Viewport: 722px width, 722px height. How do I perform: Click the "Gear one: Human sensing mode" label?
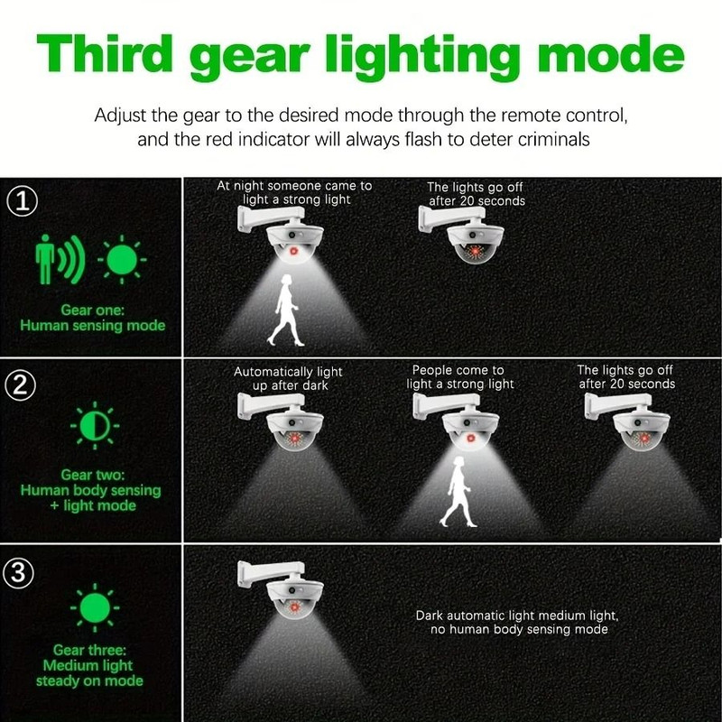pyautogui.click(x=92, y=318)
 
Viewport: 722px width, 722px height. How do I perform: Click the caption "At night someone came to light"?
pyautogui.click(x=294, y=192)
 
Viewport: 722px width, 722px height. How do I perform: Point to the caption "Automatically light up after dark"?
pyautogui.click(x=288, y=378)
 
